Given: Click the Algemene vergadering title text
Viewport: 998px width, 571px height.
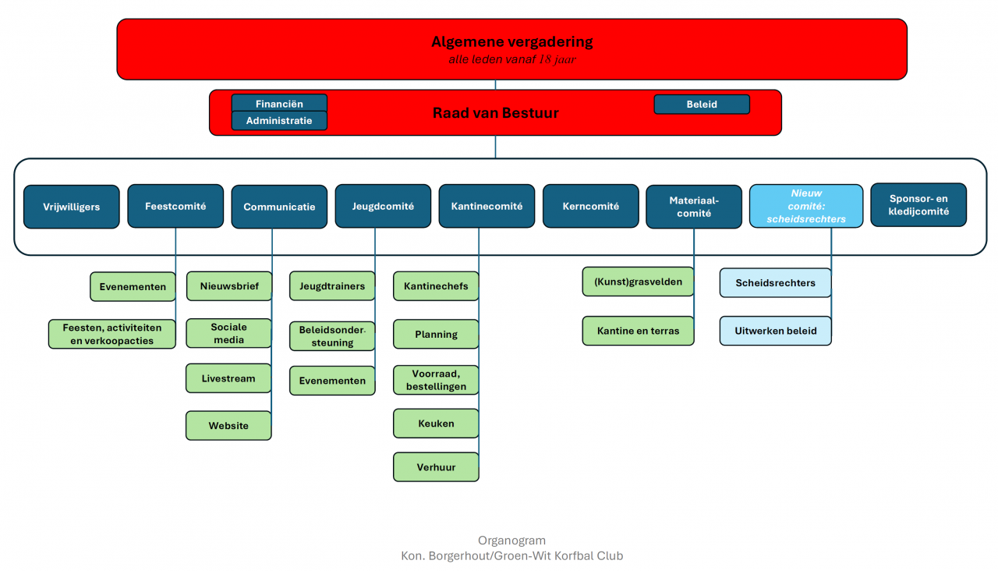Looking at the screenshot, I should tap(511, 42).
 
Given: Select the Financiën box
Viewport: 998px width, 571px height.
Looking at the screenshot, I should tap(279, 104).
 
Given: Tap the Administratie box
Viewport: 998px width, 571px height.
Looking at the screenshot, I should tap(279, 121).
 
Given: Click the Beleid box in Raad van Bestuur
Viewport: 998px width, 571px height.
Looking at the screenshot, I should tap(702, 105).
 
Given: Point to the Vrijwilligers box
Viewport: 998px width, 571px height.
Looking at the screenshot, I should tap(71, 207).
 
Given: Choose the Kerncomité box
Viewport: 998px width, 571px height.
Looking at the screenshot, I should tap(590, 207).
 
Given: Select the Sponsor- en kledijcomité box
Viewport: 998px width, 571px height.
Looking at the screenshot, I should tap(918, 205).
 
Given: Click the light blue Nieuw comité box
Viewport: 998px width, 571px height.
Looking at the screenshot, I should tap(806, 206).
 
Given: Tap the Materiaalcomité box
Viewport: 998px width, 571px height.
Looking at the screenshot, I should tap(694, 207).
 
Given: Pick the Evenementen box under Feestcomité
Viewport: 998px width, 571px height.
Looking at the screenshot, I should tap(132, 286).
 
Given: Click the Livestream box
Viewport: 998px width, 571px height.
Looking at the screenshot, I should tap(228, 378).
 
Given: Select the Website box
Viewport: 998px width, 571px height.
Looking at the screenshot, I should tap(228, 426).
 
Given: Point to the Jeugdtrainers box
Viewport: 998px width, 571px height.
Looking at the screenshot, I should tap(332, 286).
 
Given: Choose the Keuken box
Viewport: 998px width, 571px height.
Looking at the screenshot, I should tap(436, 424).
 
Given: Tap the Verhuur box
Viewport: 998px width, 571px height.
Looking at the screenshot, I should tap(436, 467).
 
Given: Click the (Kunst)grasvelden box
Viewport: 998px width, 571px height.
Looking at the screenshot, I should tap(638, 282).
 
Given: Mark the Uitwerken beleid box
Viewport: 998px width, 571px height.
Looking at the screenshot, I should tap(775, 331).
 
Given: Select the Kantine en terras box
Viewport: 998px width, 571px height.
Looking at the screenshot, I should tap(638, 331).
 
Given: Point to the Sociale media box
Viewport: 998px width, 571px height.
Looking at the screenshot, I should tap(228, 333).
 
